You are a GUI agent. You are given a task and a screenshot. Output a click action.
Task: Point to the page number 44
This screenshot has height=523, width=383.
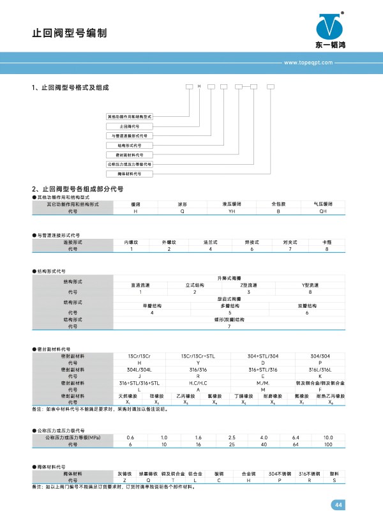pos(338,505)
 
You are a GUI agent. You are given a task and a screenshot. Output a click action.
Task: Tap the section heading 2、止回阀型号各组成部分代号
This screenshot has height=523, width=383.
pos(77,190)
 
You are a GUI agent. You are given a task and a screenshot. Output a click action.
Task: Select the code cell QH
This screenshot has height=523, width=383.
pos(323,209)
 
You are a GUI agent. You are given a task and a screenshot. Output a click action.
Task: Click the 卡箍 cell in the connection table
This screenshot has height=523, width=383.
pos(327,243)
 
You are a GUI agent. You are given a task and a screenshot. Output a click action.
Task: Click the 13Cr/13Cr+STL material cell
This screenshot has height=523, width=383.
pos(194,356)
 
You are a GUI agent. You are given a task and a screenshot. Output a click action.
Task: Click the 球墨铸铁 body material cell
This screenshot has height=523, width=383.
pos(148,474)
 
